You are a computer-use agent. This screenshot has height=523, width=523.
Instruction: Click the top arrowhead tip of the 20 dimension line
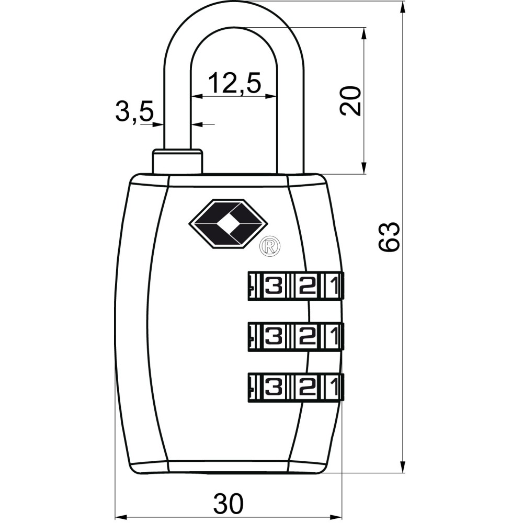[x=363, y=27]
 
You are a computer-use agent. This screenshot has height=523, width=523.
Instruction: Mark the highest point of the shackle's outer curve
[x=234, y=2]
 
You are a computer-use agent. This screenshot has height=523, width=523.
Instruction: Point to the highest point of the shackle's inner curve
[x=234, y=27]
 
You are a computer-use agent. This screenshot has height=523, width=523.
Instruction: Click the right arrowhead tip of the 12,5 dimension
[x=277, y=96]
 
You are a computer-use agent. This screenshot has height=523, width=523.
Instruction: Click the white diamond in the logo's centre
[x=229, y=224]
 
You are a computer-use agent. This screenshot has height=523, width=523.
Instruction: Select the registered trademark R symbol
[x=270, y=246]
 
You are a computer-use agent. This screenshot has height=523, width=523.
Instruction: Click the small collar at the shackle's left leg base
[x=177, y=162]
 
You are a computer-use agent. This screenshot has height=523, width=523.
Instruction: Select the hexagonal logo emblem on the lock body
[x=229, y=224]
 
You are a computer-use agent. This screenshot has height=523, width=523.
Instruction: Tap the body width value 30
[x=229, y=503]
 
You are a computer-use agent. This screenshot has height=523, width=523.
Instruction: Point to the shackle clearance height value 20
[x=350, y=101]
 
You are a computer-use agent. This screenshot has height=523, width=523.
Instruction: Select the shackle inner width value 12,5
[x=234, y=83]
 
